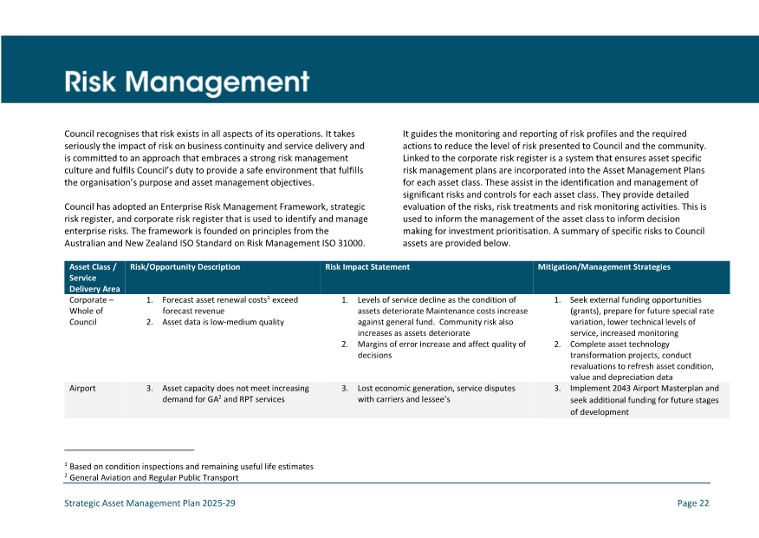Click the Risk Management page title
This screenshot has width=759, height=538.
coord(186,82)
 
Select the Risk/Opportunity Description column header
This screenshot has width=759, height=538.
coord(185,267)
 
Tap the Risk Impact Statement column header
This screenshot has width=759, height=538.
coord(367,267)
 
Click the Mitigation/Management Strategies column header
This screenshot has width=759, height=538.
coord(603,267)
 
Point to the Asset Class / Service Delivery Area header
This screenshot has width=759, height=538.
coord(94,278)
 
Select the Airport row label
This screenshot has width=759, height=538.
coord(82,389)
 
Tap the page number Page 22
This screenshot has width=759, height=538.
coord(692,503)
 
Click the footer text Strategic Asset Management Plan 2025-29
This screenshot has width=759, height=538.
coord(150,503)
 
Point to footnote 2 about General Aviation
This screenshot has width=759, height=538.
coord(153,477)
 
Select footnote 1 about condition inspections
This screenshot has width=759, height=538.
coord(191,466)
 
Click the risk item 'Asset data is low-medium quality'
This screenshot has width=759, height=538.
coord(223,322)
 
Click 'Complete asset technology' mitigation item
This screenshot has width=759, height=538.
coord(620,344)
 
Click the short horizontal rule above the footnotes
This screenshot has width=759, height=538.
coord(129,450)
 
